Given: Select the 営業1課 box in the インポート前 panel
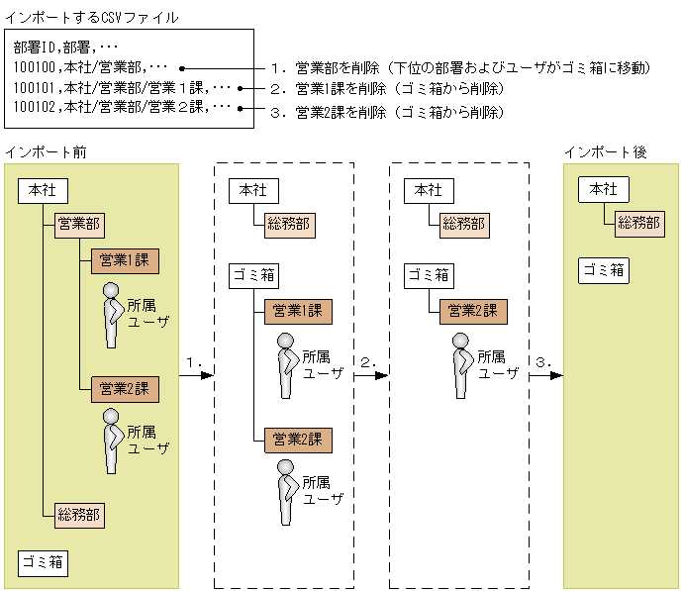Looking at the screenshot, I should [125, 260].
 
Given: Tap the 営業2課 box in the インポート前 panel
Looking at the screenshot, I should [125, 389].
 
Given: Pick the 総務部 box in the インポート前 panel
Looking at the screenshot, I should [78, 514].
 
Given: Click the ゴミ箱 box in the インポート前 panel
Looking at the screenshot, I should [43, 563].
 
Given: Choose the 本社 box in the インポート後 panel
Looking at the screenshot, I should [603, 189].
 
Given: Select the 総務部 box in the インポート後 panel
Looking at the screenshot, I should [638, 224].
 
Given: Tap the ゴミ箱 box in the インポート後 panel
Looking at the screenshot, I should [603, 270].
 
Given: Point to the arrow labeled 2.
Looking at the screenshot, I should [372, 375].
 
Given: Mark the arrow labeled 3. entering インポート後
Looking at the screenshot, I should [546, 375].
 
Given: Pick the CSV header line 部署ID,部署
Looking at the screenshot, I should [65, 48].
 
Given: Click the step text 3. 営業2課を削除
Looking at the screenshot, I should [387, 112].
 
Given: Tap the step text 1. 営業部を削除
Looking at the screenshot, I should [459, 68].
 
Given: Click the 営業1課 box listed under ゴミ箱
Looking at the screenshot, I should [297, 311].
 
